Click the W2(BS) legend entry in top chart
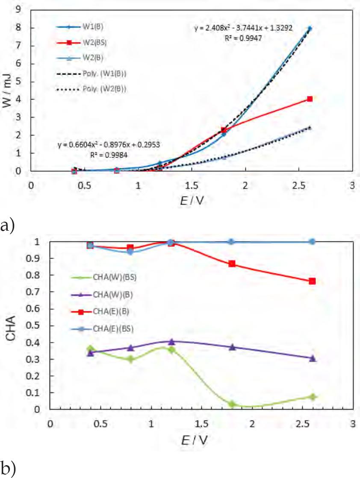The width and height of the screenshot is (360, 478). pyautogui.click(x=92, y=43)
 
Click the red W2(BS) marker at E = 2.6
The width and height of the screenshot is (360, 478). pyautogui.click(x=310, y=99)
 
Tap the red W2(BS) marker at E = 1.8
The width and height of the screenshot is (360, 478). pyautogui.click(x=224, y=130)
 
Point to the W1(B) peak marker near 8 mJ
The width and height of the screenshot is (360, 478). pyautogui.click(x=310, y=29)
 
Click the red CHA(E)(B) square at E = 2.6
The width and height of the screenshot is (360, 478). pyautogui.click(x=312, y=281)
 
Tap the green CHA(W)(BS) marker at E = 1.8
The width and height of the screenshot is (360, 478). pyautogui.click(x=232, y=404)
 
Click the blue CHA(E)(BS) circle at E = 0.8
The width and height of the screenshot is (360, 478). pyautogui.click(x=130, y=252)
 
